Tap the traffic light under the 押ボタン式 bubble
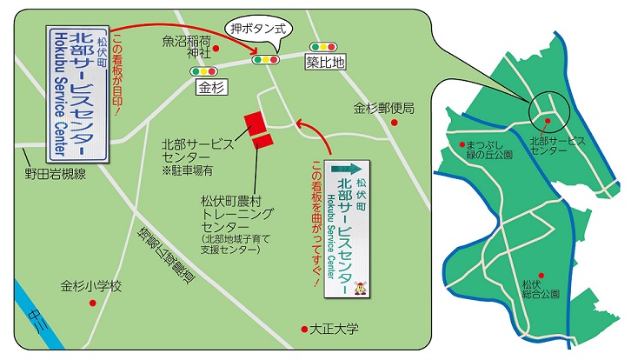pyautogui.click(x=263, y=59)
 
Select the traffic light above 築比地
pyautogui.click(x=323, y=46)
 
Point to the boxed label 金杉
pyautogui.click(x=211, y=87)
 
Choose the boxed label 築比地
pyautogui.click(x=326, y=62)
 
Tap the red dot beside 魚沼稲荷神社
pyautogui.click(x=216, y=49)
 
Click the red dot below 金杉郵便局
pyautogui.click(x=394, y=123)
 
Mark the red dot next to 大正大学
pyautogui.click(x=304, y=329)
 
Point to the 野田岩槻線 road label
pyautogui.click(x=56, y=174)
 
